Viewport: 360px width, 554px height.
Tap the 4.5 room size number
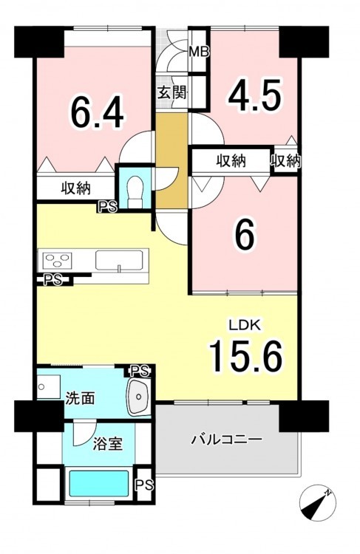[x=254, y=95]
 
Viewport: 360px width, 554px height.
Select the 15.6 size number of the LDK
[x=246, y=356]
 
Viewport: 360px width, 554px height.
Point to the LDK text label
[x=245, y=325]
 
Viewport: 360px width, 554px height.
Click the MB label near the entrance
[x=199, y=52]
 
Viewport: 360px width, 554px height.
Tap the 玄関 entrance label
[x=171, y=93]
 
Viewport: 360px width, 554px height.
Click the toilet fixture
[x=135, y=192]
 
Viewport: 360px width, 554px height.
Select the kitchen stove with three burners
[x=57, y=261]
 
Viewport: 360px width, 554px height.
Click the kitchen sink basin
[x=119, y=261]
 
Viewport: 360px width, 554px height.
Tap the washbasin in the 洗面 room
[x=140, y=397]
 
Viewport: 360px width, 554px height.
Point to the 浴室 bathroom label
[x=108, y=444]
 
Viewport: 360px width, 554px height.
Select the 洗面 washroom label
[x=81, y=398]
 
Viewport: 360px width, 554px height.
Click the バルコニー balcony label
[x=227, y=440]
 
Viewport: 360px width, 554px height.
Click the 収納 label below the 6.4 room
[x=76, y=188]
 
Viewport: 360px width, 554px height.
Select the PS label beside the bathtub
[x=146, y=484]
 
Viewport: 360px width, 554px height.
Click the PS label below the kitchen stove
[x=52, y=280]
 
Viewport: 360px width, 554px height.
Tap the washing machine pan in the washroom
[x=49, y=387]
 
